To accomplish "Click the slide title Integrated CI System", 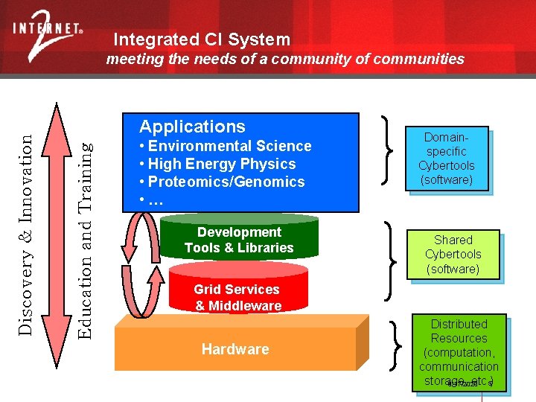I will coord(202,39).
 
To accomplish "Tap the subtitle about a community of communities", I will coord(284,59).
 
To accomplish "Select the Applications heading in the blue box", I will coord(192,127).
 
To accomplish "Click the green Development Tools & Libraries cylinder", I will coord(239,240).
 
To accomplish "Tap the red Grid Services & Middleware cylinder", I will coord(237,297).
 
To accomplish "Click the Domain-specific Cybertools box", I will coord(446,159).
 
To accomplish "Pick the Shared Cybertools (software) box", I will coord(453,254).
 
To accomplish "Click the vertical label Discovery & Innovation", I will coord(25,223).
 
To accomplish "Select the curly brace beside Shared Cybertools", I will coord(389,261).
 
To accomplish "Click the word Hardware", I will coord(235,349).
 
